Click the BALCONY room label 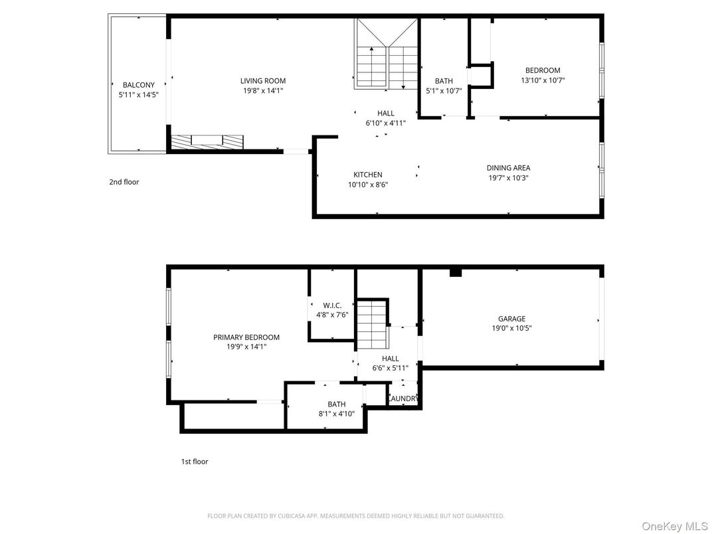(138, 84)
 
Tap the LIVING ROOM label (263, 81)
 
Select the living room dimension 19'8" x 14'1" (263, 91)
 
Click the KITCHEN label (367, 175)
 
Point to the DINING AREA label (508, 168)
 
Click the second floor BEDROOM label (543, 70)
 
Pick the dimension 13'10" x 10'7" (543, 80)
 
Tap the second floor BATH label (444, 81)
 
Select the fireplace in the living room (207, 141)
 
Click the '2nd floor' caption (124, 181)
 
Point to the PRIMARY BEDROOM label (246, 337)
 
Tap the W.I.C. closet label (332, 306)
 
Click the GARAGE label (511, 319)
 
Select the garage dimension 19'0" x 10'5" (511, 328)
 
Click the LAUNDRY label (402, 399)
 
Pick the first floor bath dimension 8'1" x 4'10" (336, 414)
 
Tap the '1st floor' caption (195, 461)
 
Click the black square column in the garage (455, 272)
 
